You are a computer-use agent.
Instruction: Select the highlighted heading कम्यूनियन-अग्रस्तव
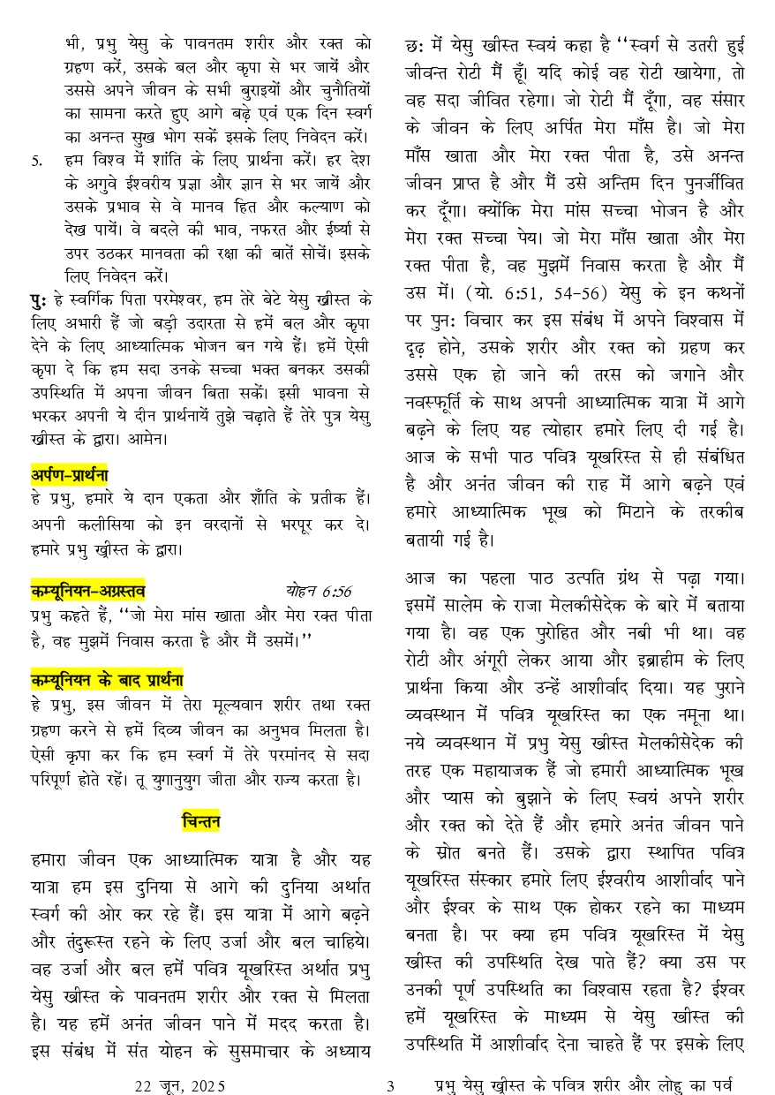pos(88,592)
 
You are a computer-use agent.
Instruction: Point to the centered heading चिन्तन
pos(201,822)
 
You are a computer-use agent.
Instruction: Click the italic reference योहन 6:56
pos(318,591)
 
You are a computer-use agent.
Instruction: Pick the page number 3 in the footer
pos(388,1084)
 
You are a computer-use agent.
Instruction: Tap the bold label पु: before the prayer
pos(38,298)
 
